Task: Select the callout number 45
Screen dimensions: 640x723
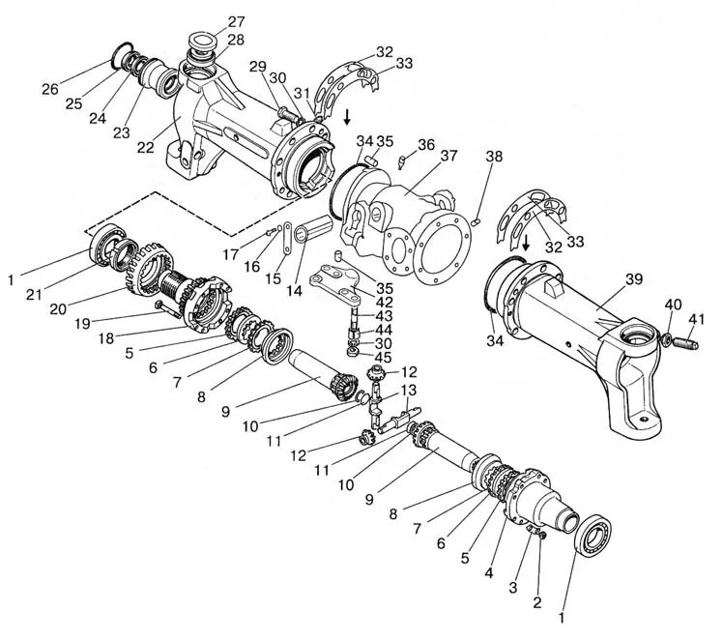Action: coord(385,358)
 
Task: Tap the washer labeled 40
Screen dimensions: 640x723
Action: coord(667,338)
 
